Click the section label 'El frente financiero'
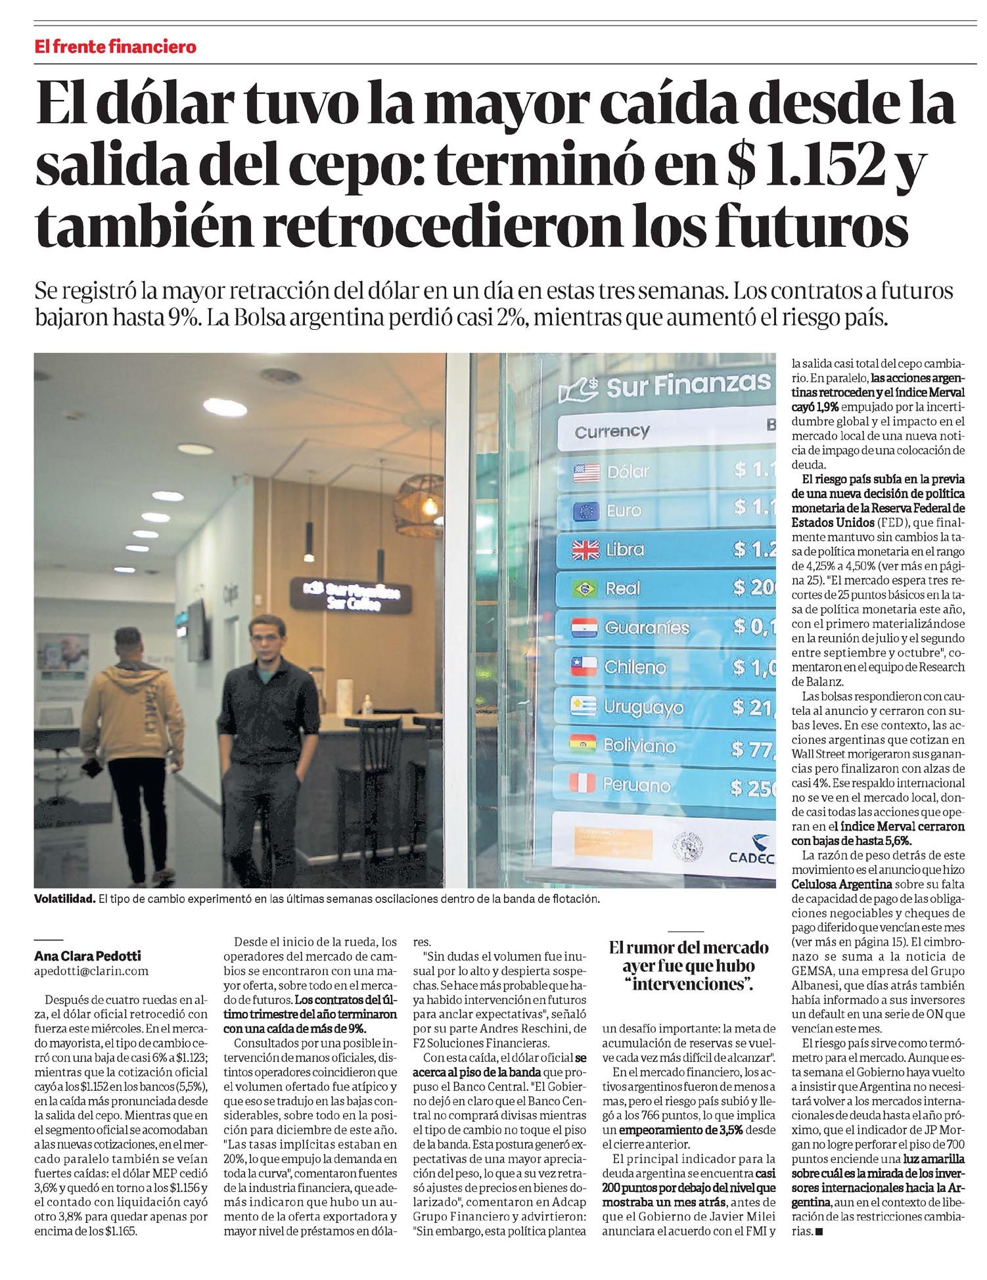pos(116,47)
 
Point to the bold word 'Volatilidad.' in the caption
pos(65,898)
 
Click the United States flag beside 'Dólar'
pos(587,471)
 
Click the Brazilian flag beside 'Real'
pos(585,589)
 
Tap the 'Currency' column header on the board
pos(612,432)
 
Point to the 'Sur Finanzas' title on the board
pos(687,386)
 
